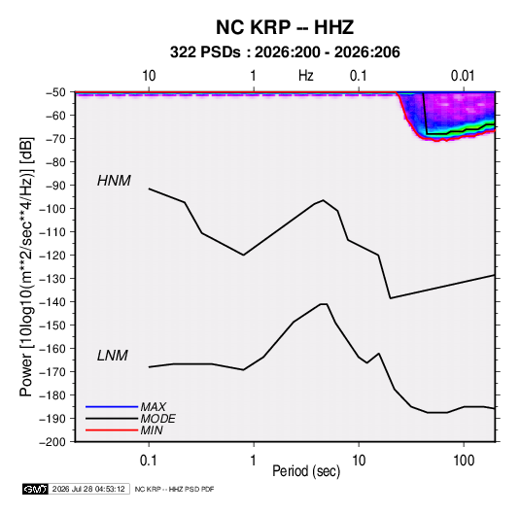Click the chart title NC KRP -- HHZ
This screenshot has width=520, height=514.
coord(285,27)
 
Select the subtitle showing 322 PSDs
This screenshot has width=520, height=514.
coord(285,52)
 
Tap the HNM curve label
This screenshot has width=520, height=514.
coord(114,181)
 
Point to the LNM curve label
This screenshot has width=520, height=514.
coord(113,356)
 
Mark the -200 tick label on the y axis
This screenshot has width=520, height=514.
coord(52,442)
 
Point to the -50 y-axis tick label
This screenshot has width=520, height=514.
coord(55,92)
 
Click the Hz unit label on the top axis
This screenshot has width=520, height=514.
coord(306,76)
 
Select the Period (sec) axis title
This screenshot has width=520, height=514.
coord(306,471)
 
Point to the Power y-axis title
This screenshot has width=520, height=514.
coord(26,267)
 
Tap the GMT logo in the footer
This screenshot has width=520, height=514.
coord(35,489)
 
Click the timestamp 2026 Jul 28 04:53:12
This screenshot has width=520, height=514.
coord(88,489)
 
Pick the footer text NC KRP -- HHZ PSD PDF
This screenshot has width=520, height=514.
coord(174,489)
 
